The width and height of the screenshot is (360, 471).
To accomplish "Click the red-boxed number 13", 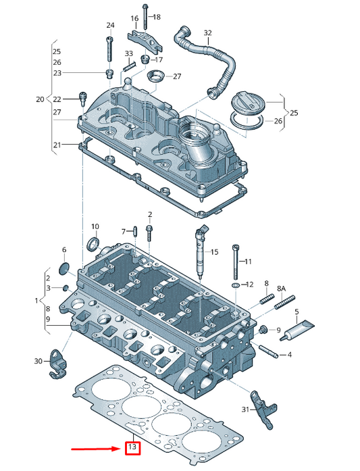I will [x=132, y=447].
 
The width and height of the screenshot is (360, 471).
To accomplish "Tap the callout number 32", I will [x=207, y=32].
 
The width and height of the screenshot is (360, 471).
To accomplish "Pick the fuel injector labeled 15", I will [x=201, y=253].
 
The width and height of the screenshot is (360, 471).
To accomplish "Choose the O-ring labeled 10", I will [x=94, y=243].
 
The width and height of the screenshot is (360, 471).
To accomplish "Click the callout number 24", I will [x=110, y=25].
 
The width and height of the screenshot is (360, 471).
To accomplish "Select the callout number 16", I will [x=134, y=18].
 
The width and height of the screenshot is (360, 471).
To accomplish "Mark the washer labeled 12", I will [x=235, y=285].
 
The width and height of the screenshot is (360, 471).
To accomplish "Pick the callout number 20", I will [x=40, y=99].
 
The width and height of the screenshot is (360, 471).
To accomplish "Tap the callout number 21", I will [x=57, y=145].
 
